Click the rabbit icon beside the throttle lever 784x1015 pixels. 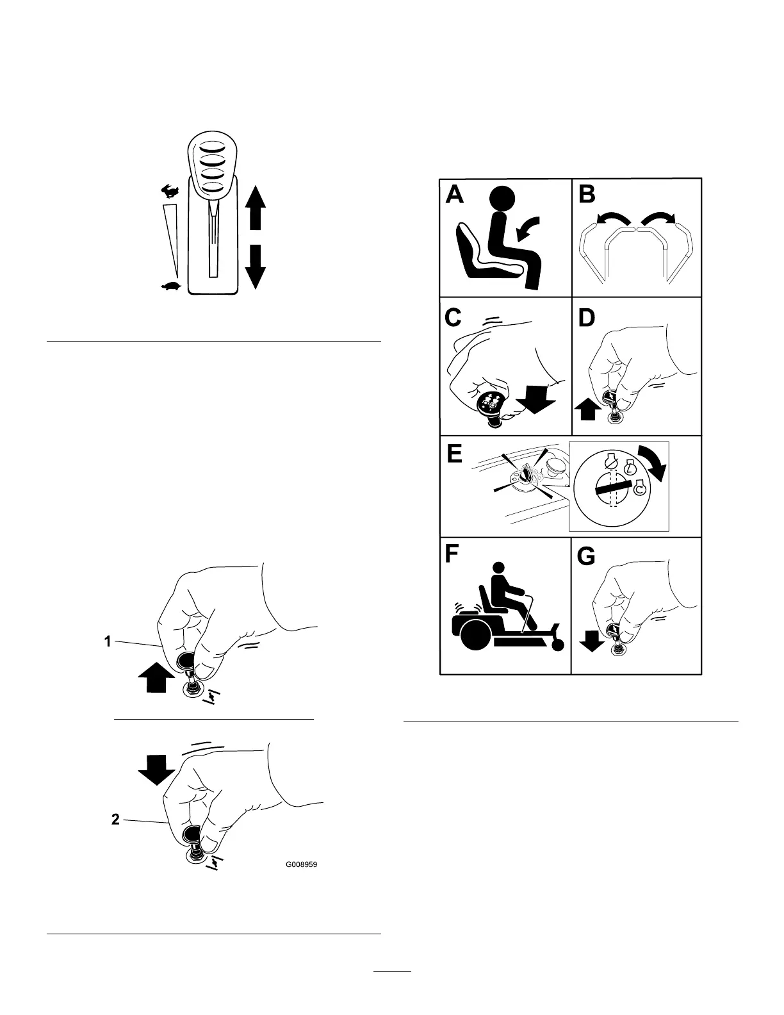[170, 190]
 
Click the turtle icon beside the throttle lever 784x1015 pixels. [171, 286]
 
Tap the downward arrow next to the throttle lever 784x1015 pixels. [256, 265]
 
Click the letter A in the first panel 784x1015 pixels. [455, 193]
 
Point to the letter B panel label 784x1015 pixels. [587, 193]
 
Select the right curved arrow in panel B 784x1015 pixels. [659, 221]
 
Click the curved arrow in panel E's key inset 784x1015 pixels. [655, 463]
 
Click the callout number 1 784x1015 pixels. [108, 640]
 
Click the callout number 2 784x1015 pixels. [115, 820]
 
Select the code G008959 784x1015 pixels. [301, 864]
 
